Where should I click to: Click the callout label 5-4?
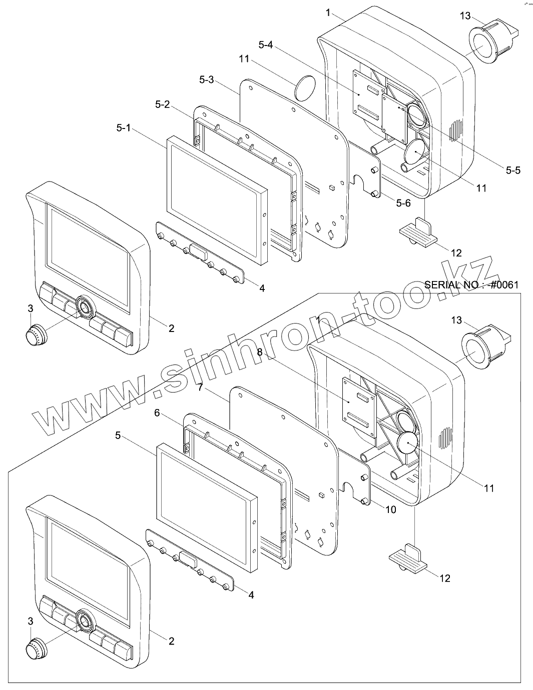click(x=265, y=45)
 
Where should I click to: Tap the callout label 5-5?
click(x=513, y=170)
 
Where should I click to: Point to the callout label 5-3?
click(x=206, y=79)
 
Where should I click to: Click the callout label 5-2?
click(x=162, y=104)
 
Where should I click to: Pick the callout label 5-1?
click(x=123, y=128)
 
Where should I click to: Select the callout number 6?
click(x=157, y=413)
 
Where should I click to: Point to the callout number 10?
click(x=391, y=509)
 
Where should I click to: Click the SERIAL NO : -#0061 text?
click(x=471, y=285)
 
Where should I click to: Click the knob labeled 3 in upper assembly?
click(x=36, y=333)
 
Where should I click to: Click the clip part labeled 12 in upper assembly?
click(x=417, y=232)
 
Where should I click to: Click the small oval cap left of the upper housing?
click(x=304, y=88)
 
